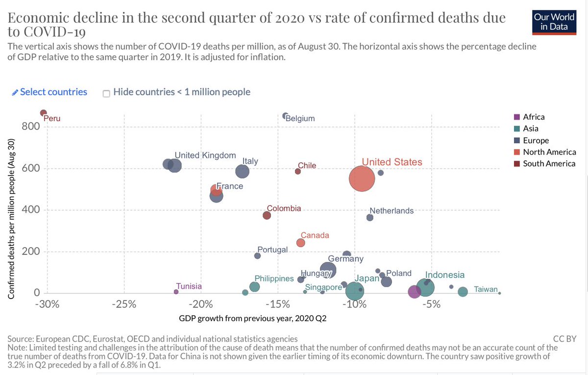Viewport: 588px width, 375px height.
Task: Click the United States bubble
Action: [x=362, y=179]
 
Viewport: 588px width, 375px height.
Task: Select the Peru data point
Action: [x=43, y=113]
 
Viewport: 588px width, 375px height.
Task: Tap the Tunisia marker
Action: [x=176, y=292]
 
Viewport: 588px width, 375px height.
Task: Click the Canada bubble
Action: [x=301, y=243]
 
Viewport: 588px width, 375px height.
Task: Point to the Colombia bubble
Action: [x=267, y=215]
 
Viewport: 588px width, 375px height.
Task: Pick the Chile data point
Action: [x=297, y=171]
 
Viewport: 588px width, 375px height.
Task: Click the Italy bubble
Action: [x=242, y=171]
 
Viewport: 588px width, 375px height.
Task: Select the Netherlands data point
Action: [x=370, y=218]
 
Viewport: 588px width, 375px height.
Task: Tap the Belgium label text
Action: [x=300, y=118]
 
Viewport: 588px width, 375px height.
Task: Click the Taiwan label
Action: [x=486, y=289]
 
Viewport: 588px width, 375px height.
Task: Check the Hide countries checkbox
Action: [x=106, y=93]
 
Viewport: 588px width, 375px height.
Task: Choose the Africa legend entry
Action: [x=534, y=117]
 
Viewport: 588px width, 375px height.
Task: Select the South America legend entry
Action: [x=549, y=163]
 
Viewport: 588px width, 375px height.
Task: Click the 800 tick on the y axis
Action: [x=30, y=126]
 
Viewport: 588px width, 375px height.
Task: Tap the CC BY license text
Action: [x=564, y=338]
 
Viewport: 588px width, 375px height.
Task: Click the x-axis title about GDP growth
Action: [x=252, y=319]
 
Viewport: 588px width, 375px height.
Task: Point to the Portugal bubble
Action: [x=257, y=255]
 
